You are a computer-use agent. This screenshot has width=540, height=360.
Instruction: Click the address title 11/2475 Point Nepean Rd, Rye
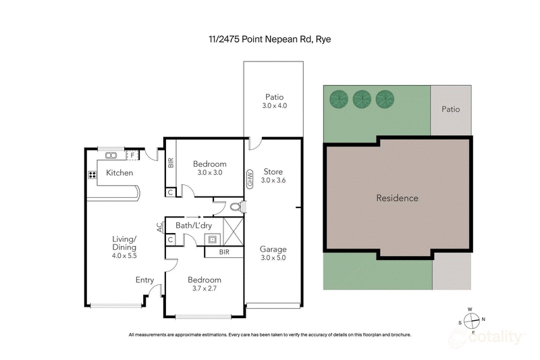pos(269,38)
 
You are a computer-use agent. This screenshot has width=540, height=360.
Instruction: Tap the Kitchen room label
pos(119,173)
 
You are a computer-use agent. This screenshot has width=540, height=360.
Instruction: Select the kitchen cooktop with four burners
pos(92,175)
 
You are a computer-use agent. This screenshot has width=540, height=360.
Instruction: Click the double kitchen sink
pos(111,155)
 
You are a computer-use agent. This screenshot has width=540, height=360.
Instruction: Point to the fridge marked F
pos(133,155)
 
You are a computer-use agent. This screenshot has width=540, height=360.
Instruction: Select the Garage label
pos(273,249)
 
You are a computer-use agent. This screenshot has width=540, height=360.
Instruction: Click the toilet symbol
pos(235,207)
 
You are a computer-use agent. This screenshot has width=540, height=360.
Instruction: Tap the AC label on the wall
pos(160,228)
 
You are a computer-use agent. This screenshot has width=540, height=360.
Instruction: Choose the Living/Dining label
pos(124,243)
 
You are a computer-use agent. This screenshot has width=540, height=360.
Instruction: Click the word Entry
pos(144,280)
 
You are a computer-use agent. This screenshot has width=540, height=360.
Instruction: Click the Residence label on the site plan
pos(397,198)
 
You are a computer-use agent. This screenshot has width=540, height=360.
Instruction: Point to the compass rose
pos(473,320)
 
